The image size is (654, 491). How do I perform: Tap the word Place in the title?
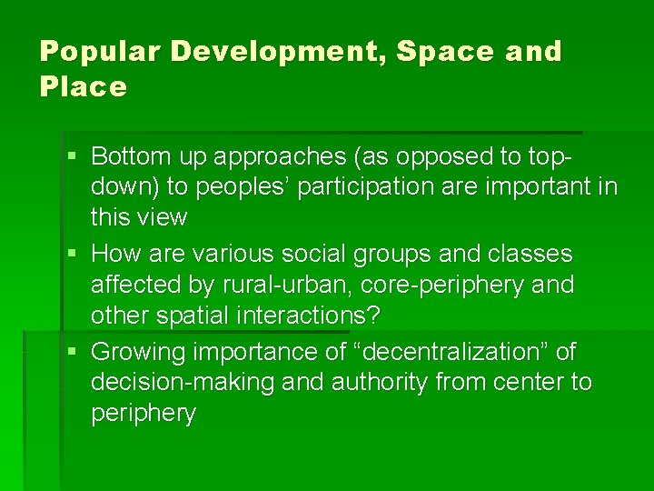[83, 87]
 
